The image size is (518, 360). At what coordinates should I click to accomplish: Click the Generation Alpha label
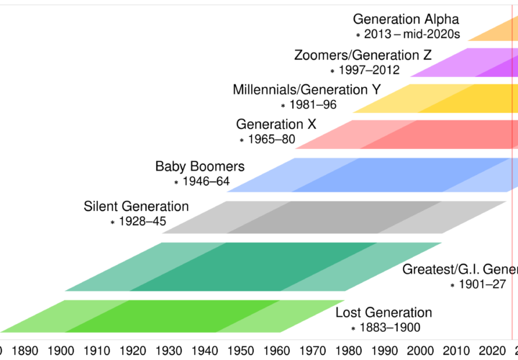[406, 19]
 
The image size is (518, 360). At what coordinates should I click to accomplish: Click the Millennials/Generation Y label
[306, 90]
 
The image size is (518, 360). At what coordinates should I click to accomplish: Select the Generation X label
[276, 125]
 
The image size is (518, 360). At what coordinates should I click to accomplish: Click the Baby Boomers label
[200, 166]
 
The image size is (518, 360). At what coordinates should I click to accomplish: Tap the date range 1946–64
[206, 181]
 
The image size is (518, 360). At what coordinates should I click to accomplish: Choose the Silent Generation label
[137, 207]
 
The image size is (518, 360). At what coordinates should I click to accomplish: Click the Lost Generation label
[383, 312]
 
